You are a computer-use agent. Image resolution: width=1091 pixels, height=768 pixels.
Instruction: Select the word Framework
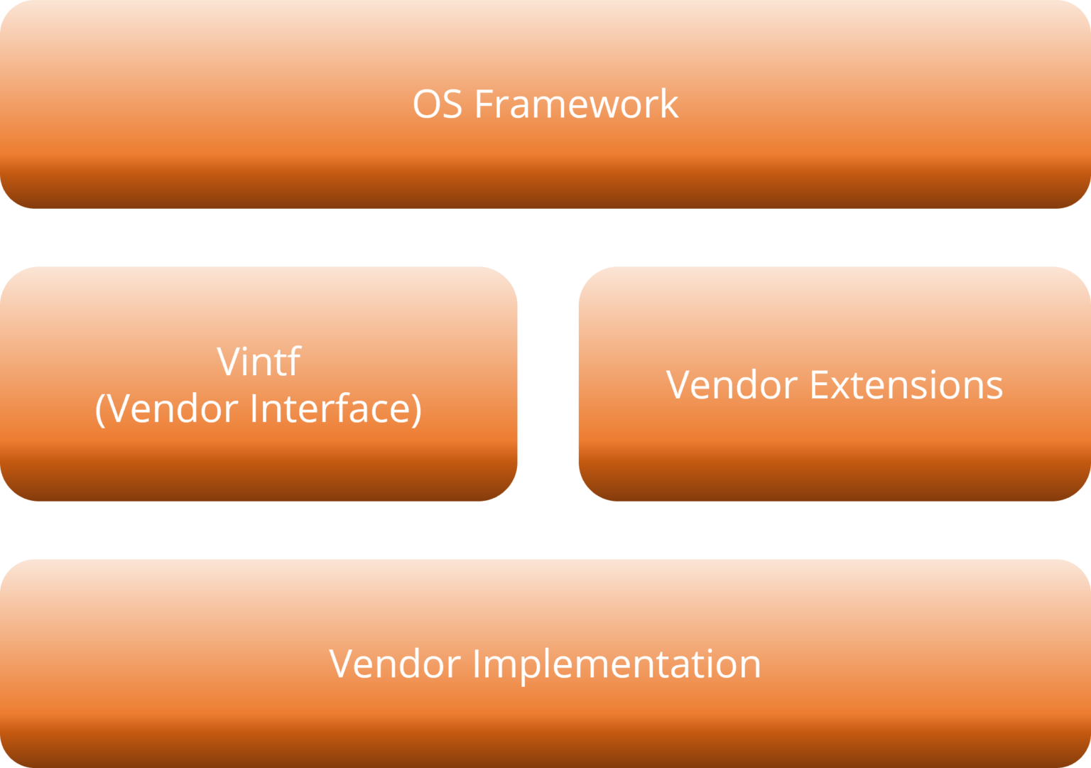pyautogui.click(x=576, y=104)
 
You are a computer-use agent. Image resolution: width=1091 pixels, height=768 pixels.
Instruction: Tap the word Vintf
pyautogui.click(x=259, y=362)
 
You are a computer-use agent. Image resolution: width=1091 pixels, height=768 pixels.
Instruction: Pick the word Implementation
pyautogui.click(x=617, y=664)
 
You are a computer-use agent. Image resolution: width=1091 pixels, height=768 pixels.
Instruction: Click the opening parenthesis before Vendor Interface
pyautogui.click(x=100, y=409)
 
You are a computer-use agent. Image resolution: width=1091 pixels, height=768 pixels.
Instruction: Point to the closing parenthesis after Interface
pyautogui.click(x=416, y=409)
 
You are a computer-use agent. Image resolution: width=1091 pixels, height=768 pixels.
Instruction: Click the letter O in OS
pyautogui.click(x=427, y=104)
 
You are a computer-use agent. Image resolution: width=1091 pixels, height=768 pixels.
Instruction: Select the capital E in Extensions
pyautogui.click(x=818, y=385)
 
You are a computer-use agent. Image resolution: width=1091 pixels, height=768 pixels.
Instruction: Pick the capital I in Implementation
pyautogui.click(x=477, y=664)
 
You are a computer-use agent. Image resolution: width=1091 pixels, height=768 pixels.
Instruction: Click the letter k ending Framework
pyautogui.click(x=669, y=104)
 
